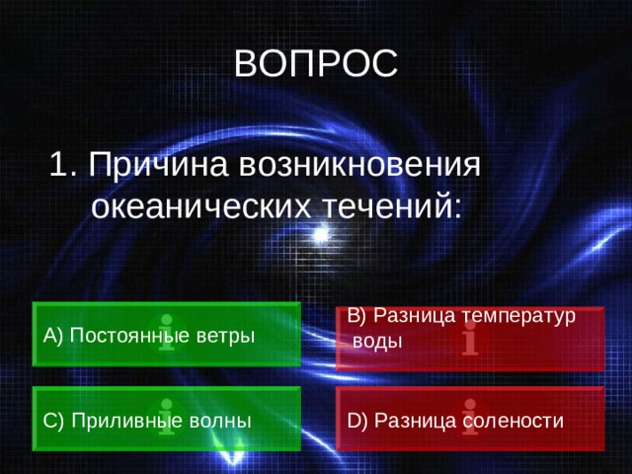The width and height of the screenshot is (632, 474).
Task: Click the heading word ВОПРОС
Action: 316,63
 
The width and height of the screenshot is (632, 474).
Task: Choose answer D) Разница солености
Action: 469,420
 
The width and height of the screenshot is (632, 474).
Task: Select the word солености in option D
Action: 517,421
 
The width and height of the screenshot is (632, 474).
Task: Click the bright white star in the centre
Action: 319,235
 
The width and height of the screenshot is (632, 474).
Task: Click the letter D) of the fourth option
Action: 356,421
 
